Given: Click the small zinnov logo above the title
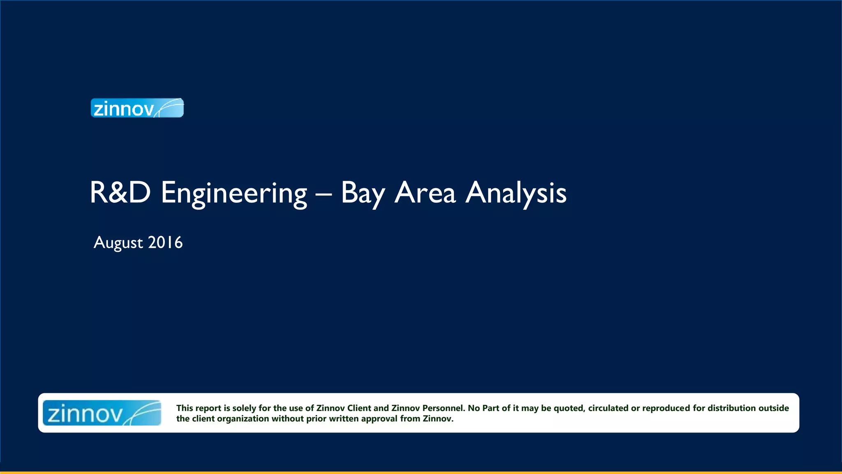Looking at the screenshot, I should pos(137,108).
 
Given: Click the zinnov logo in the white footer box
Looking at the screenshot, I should pos(102,413).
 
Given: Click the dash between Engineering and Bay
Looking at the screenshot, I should pos(324,193).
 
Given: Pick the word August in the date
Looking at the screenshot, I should pos(118,243).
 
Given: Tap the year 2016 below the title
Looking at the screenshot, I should pos(165,243).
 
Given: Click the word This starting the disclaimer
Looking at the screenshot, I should pos(185,408).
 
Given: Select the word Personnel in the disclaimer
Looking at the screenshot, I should pos(443,408).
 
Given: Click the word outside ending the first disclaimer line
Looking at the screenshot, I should pos(774,408).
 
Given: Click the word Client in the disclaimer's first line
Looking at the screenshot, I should pos(359,408).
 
